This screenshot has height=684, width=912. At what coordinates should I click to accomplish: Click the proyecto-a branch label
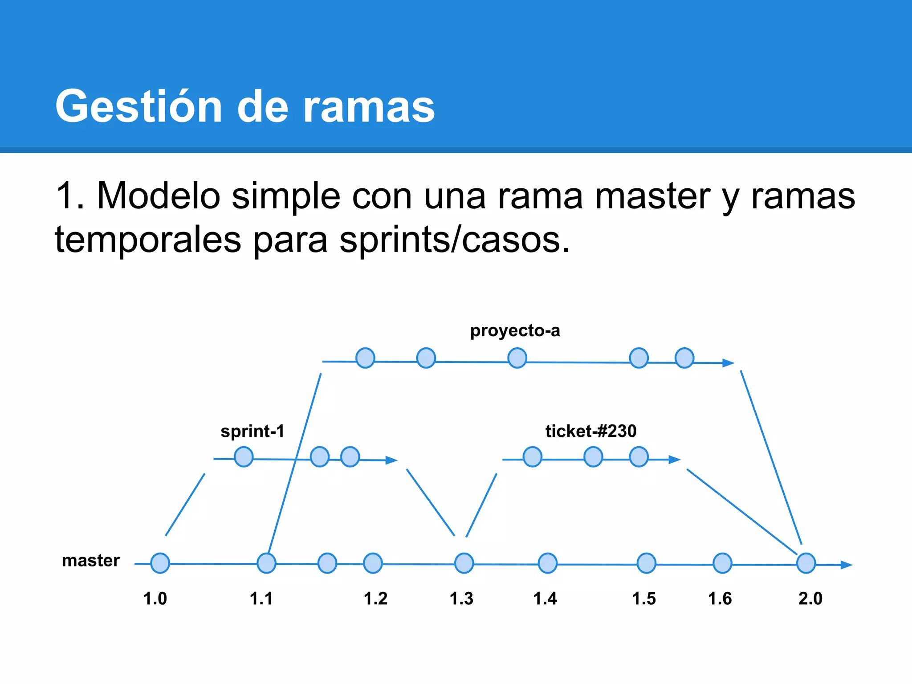pyautogui.click(x=515, y=331)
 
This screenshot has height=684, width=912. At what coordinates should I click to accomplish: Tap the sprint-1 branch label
pyautogui.click(x=252, y=431)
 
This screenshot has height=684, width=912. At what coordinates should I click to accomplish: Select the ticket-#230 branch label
pyautogui.click(x=591, y=431)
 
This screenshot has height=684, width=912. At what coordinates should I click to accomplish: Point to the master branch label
pyautogui.click(x=91, y=561)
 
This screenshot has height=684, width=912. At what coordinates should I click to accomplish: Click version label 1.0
pyautogui.click(x=155, y=598)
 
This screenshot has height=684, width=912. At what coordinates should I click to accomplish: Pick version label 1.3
pyautogui.click(x=461, y=598)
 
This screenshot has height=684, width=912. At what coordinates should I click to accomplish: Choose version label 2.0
pyautogui.click(x=810, y=598)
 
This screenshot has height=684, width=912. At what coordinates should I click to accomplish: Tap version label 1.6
pyautogui.click(x=720, y=598)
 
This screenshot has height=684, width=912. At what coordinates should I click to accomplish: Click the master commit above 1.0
pyautogui.click(x=160, y=563)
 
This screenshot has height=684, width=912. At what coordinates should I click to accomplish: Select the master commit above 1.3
pyautogui.click(x=464, y=563)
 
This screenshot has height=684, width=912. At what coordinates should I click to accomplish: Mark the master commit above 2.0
pyautogui.click(x=806, y=563)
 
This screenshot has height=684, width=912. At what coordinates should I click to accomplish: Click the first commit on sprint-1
pyautogui.click(x=244, y=457)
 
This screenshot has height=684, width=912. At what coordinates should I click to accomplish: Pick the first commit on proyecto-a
pyautogui.click(x=366, y=358)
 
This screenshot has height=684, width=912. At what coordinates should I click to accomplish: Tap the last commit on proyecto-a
pyautogui.click(x=684, y=358)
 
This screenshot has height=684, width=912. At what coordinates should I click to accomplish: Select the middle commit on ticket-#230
pyautogui.click(x=593, y=457)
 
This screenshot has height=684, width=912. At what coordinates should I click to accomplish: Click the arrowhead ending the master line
pyautogui.click(x=846, y=565)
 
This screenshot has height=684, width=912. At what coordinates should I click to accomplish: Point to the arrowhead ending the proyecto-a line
pyautogui.click(x=728, y=363)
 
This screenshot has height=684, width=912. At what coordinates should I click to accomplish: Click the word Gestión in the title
pyautogui.click(x=138, y=107)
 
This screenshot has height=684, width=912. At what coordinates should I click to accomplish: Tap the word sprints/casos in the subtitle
pyautogui.click(x=454, y=240)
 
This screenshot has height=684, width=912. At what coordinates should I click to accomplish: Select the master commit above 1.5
pyautogui.click(x=647, y=563)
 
